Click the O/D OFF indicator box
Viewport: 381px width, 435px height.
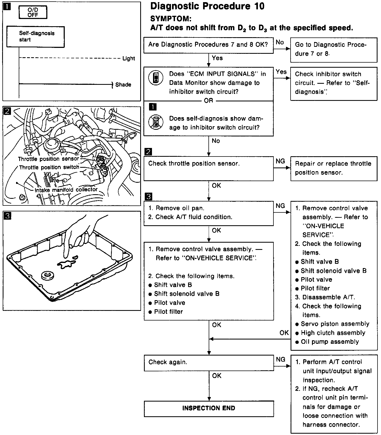(x=33, y=12)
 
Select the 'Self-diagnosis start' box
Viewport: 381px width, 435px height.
(x=35, y=37)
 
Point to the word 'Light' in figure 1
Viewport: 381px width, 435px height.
(x=129, y=58)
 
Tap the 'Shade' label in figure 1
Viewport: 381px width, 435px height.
(x=123, y=85)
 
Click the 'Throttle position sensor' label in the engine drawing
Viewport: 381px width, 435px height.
(x=48, y=159)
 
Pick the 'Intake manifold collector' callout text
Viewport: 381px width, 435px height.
(x=66, y=190)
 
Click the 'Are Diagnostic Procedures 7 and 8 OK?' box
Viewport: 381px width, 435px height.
(x=208, y=45)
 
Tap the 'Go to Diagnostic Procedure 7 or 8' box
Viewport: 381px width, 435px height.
(x=334, y=49)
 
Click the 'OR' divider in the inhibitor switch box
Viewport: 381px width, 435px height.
(x=208, y=101)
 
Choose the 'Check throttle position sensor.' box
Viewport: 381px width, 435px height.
(x=208, y=168)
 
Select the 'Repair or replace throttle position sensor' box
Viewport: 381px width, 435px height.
(x=334, y=168)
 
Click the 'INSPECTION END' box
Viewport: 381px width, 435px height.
(x=209, y=408)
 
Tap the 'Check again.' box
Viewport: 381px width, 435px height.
(x=208, y=362)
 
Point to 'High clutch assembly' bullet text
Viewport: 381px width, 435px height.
(x=333, y=333)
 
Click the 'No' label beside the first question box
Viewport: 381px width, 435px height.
(x=280, y=42)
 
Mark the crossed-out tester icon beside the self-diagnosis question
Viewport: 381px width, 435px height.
(x=156, y=122)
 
